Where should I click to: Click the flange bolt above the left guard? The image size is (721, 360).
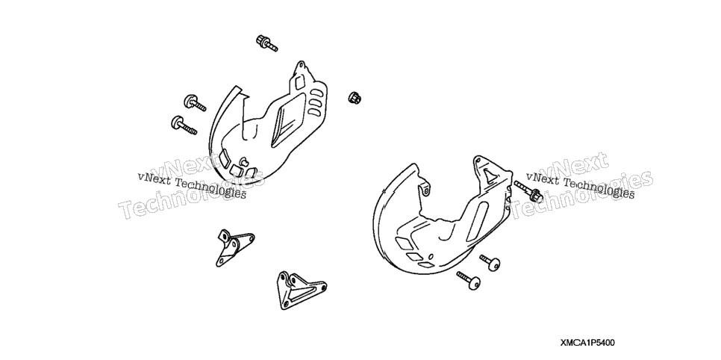[266, 43]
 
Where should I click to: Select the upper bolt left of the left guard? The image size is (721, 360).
[195, 103]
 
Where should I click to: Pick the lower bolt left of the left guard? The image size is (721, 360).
[184, 125]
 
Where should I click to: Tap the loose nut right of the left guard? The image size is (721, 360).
[354, 98]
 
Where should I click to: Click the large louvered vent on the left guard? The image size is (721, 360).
[287, 124]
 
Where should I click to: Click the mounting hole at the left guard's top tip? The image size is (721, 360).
[302, 66]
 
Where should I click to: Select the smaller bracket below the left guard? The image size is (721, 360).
[234, 246]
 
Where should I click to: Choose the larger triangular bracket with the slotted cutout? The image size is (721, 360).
[299, 291]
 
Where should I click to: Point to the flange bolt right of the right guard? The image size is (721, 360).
[528, 191]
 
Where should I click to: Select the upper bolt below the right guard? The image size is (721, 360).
[490, 262]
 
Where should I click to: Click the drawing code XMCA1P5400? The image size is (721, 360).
[587, 343]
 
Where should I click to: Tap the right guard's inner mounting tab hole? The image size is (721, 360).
[426, 190]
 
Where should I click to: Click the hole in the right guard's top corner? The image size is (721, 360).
[478, 161]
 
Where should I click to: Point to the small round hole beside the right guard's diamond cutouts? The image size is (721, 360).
[431, 256]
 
